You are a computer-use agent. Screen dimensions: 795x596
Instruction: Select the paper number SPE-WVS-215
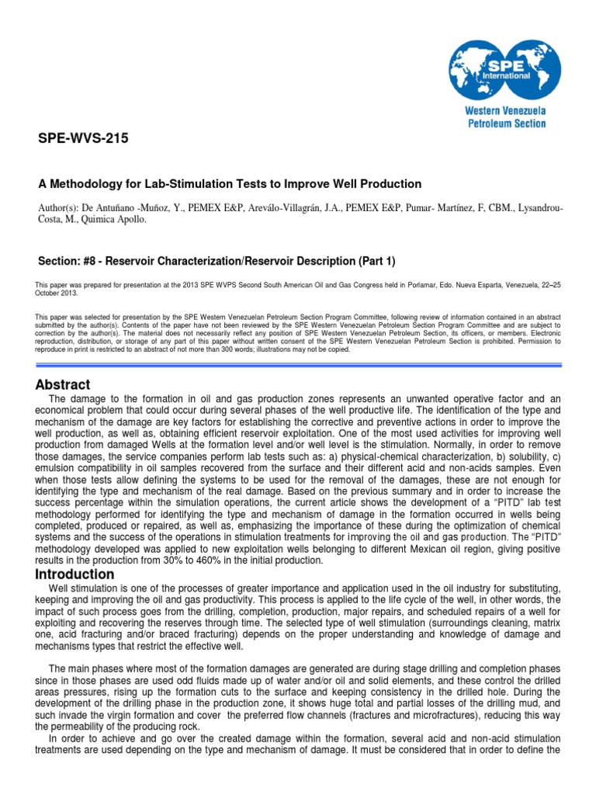click(84, 140)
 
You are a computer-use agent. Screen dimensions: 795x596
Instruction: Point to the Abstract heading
click(63, 385)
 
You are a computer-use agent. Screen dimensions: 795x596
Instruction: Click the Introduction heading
click(74, 575)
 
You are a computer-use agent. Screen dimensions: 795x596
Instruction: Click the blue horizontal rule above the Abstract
click(298, 364)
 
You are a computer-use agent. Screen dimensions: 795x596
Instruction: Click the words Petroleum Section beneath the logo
click(505, 123)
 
